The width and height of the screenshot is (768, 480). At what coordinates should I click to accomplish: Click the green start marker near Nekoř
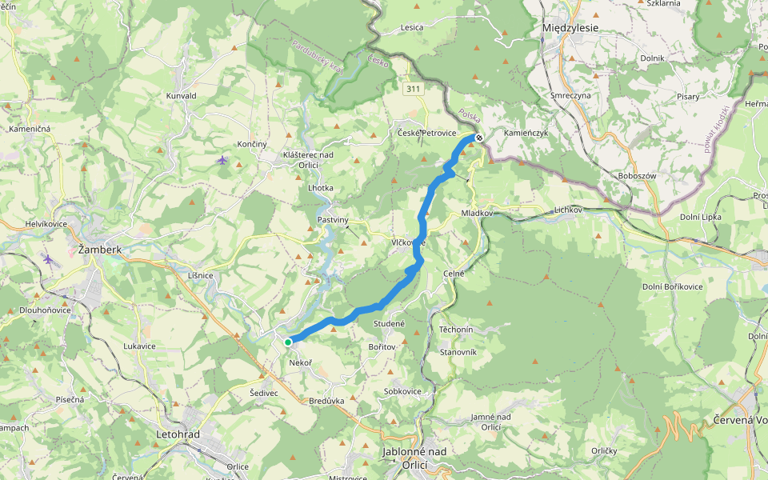(288, 342)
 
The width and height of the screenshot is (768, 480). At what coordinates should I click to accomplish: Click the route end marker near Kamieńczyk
(479, 138)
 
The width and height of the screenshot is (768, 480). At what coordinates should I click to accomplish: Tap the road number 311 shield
(413, 88)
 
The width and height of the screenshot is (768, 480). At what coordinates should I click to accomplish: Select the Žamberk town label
(100, 250)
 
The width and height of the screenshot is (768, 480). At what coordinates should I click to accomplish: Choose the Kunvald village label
(181, 95)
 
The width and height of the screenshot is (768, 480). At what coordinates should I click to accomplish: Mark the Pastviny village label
(333, 218)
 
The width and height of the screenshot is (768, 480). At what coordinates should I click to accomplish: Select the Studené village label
(389, 323)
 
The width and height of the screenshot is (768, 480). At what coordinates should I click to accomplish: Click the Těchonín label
(457, 330)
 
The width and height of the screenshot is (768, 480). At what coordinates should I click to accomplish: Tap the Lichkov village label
(570, 210)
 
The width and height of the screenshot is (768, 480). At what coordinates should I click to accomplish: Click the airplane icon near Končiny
(222, 160)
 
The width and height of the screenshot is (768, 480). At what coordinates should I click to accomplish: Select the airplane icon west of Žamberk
(49, 259)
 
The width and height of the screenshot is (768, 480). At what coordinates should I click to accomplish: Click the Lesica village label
(412, 28)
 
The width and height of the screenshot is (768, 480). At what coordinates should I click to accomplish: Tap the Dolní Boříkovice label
(672, 286)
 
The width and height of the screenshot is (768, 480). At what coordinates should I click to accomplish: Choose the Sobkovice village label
(402, 391)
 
